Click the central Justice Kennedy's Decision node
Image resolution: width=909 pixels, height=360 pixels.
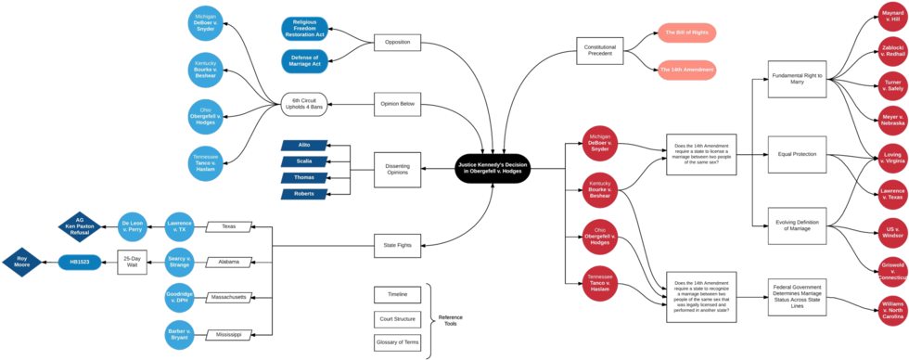[493, 169]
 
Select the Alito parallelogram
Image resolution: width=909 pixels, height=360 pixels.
[304, 146]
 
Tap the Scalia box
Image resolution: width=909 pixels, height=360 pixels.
[304, 161]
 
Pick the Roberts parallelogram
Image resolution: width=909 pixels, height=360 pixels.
[304, 193]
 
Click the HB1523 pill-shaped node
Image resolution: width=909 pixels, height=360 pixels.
[80, 262]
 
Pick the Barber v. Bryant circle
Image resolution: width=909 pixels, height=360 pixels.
[180, 332]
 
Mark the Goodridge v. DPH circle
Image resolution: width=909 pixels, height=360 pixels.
[180, 296]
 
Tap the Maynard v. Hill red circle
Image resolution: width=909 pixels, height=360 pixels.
[891, 17]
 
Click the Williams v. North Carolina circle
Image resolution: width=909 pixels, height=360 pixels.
[891, 309]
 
